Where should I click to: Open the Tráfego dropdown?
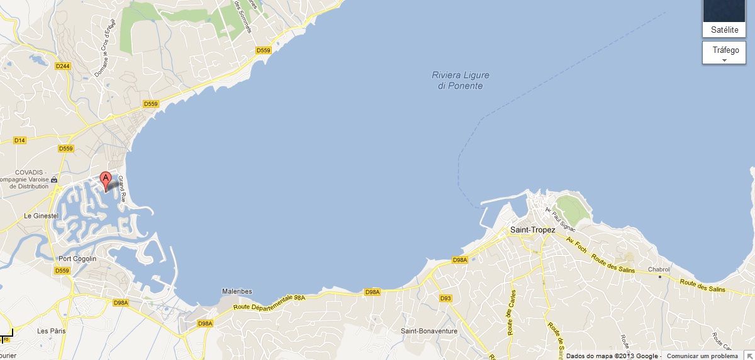click(724, 52)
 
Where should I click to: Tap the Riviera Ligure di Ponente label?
click(460, 80)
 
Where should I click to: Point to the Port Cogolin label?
click(77, 259)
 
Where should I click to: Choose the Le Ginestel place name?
click(41, 216)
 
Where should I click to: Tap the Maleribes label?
click(237, 291)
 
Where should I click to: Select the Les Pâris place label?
click(52, 330)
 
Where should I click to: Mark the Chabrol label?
click(659, 269)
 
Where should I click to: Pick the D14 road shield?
click(20, 140)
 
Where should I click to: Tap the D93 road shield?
click(446, 298)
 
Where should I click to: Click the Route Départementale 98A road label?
click(269, 302)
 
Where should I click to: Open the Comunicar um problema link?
click(702, 356)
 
